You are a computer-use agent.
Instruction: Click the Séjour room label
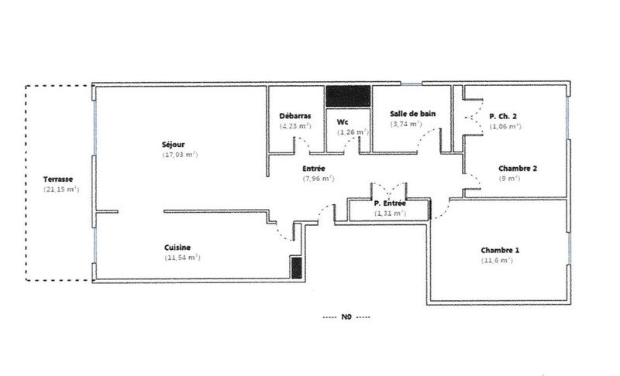click(173, 145)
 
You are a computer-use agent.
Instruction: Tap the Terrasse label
click(58, 179)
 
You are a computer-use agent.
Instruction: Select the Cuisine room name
click(177, 248)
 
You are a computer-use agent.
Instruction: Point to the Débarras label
click(295, 116)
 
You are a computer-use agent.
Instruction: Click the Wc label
click(343, 122)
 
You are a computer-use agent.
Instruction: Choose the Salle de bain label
click(413, 114)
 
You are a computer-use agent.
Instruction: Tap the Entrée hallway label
click(314, 169)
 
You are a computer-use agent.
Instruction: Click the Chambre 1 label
click(500, 250)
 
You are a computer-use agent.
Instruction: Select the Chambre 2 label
click(518, 169)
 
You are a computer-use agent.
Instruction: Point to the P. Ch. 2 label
click(503, 116)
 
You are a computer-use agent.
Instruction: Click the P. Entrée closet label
click(390, 203)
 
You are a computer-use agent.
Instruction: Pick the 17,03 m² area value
click(180, 155)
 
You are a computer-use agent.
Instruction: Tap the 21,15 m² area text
click(61, 190)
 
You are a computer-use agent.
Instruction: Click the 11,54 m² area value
click(182, 258)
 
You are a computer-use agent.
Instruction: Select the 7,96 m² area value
click(319, 179)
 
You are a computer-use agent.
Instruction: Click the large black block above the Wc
click(348, 96)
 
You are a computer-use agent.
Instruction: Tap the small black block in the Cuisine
click(297, 267)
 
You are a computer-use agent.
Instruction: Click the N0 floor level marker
click(346, 317)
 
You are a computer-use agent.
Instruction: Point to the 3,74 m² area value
click(406, 124)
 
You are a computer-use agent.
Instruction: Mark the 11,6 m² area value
click(497, 261)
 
